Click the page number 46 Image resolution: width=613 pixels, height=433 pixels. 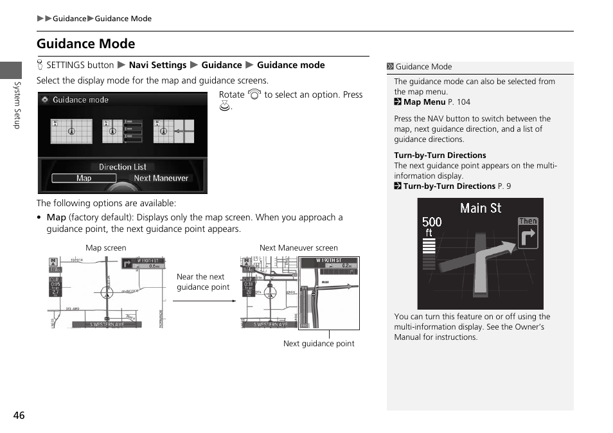[19, 415]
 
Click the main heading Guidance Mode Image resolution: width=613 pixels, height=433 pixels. [85, 44]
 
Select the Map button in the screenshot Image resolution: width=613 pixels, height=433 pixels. [84, 179]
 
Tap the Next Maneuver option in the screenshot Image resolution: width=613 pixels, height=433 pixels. [161, 179]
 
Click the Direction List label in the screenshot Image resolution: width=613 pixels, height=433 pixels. [122, 167]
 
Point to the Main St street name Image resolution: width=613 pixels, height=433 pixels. [481, 208]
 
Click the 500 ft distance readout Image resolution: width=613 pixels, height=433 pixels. [431, 225]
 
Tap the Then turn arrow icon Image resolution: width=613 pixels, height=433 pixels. [528, 234]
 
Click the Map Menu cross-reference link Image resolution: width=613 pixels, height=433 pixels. [424, 102]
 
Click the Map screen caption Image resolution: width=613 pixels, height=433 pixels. [106, 248]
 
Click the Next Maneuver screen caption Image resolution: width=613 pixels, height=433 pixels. [298, 248]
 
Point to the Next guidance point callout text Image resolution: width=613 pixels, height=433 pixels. [319, 344]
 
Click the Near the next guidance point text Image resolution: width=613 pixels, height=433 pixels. [202, 282]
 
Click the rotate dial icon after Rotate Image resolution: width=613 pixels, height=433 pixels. [254, 95]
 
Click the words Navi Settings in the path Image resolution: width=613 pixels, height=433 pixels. [157, 65]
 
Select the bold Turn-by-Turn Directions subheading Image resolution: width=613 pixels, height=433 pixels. [440, 155]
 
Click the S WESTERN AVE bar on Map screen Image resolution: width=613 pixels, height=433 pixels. [107, 324]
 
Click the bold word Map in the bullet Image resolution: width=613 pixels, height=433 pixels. [56, 217]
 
